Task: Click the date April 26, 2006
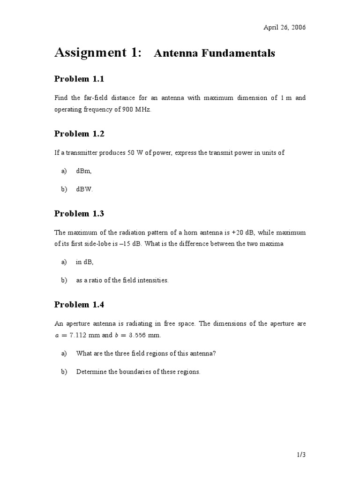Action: pyautogui.click(x=285, y=27)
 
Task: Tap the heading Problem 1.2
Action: pyautogui.click(x=79, y=134)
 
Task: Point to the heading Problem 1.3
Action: pyautogui.click(x=79, y=214)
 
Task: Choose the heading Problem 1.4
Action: pyautogui.click(x=79, y=305)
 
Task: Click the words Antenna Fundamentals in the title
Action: pyautogui.click(x=215, y=53)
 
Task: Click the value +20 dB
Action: pyautogui.click(x=253, y=232)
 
